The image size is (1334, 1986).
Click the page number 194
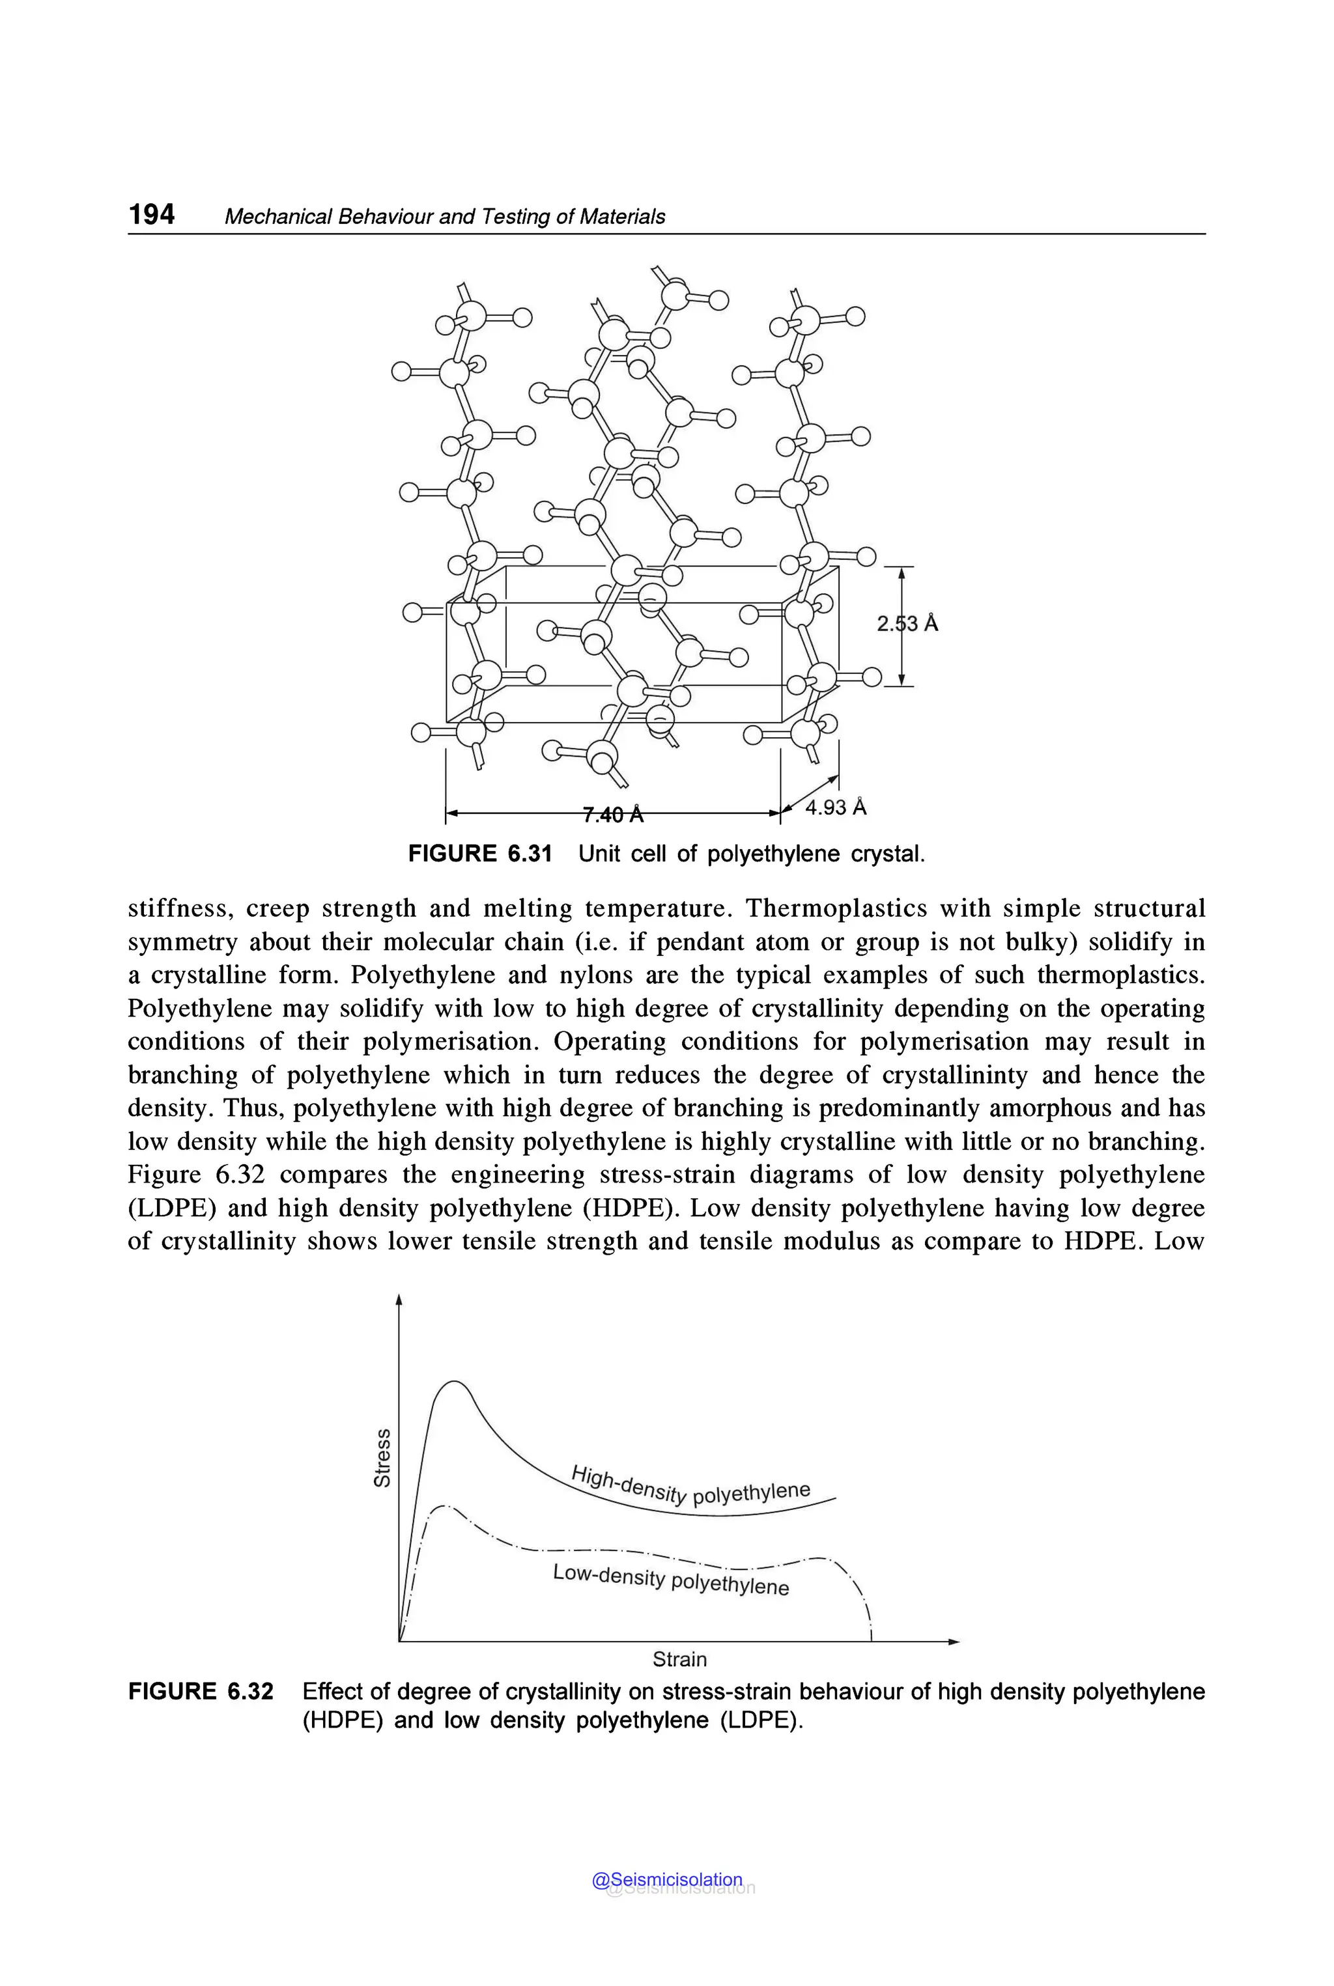coord(151,214)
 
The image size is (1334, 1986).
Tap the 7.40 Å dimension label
coord(612,815)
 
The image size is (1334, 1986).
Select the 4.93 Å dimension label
coord(836,807)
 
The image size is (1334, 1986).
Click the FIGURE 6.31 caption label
coord(480,853)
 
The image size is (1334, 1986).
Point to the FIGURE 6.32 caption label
coord(201,1691)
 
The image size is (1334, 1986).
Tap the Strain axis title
coord(679,1658)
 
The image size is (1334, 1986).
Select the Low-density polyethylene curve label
coord(670,1580)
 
